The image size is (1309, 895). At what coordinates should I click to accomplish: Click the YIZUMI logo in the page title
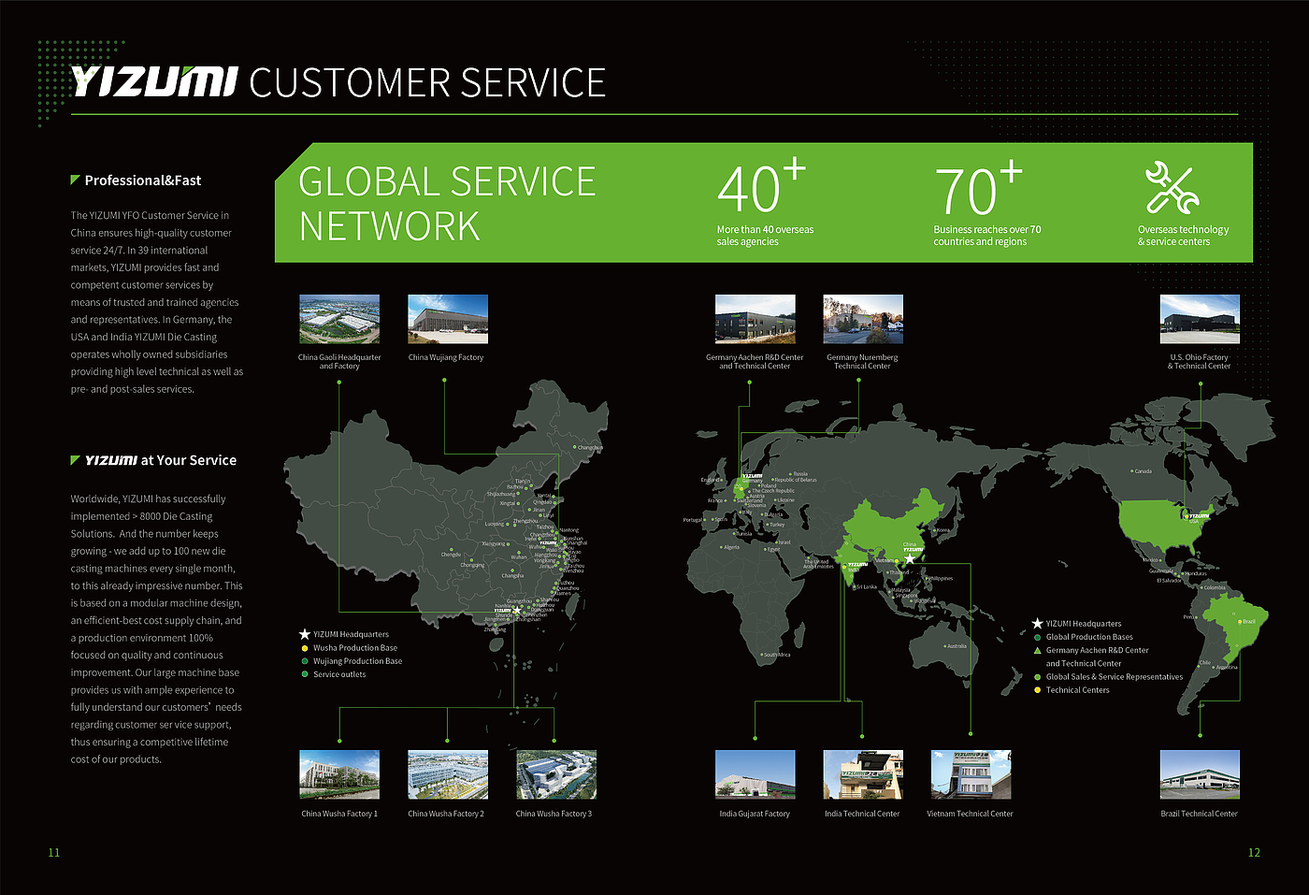(x=154, y=82)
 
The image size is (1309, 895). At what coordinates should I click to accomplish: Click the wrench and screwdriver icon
(x=1172, y=188)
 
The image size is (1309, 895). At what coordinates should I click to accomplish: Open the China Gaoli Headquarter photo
(x=339, y=319)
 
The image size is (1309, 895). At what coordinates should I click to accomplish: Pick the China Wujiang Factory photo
(x=448, y=319)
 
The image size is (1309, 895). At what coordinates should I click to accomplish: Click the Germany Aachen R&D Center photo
(x=755, y=319)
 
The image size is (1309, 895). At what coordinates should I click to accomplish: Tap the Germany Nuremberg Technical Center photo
(x=863, y=319)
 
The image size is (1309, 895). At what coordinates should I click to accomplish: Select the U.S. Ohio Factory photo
(x=1200, y=319)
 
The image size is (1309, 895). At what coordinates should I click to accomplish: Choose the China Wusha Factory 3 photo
(x=555, y=774)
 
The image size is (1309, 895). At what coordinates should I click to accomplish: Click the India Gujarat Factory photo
(x=755, y=774)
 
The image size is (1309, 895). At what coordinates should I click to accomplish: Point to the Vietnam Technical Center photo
(x=971, y=774)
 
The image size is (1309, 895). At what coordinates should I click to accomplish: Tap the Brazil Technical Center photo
(x=1200, y=774)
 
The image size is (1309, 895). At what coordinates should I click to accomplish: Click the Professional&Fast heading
(x=142, y=180)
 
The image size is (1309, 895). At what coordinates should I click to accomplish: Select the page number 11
(x=54, y=852)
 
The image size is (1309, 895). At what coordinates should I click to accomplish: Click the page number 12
(x=1254, y=852)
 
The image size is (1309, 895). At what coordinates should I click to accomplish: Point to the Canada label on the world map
(x=1143, y=471)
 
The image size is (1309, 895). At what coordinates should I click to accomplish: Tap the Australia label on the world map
(x=956, y=646)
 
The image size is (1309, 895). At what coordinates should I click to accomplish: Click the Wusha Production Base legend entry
(x=354, y=648)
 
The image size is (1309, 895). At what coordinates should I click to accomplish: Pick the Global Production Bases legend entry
(x=1088, y=637)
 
